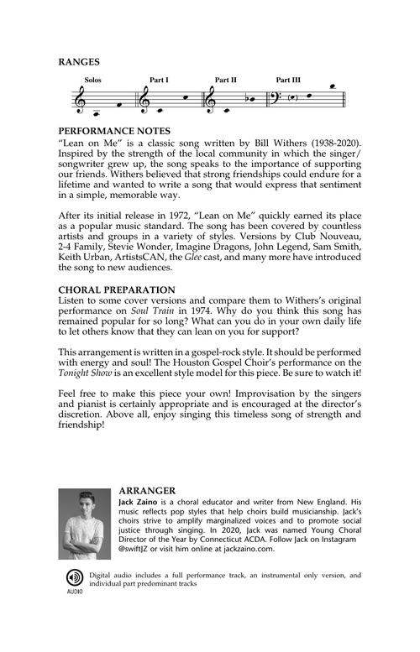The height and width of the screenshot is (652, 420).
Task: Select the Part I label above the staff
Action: tap(159, 80)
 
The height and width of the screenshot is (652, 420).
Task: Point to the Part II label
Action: tap(225, 80)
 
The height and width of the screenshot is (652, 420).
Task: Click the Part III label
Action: tap(289, 80)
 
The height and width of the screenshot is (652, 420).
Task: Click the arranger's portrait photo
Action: tap(85, 524)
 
